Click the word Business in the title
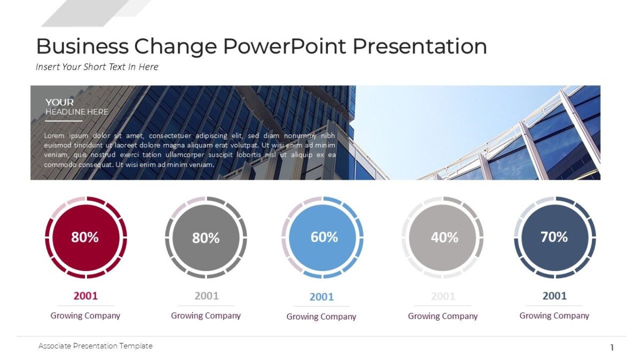pyautogui.click(x=82, y=46)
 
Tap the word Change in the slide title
pyautogui.click(x=175, y=46)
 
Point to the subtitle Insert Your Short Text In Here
pyautogui.click(x=97, y=67)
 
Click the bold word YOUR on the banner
pyautogui.click(x=60, y=102)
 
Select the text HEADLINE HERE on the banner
pyautogui.click(x=77, y=112)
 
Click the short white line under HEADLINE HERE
pyautogui.click(x=63, y=121)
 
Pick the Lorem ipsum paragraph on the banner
pyautogui.click(x=190, y=150)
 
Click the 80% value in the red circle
pyautogui.click(x=85, y=237)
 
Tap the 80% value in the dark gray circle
pyautogui.click(x=206, y=238)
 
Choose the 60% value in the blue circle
pyautogui.click(x=324, y=237)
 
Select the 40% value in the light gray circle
pyautogui.click(x=444, y=237)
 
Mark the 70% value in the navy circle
pyautogui.click(x=554, y=237)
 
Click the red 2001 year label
pyautogui.click(x=85, y=296)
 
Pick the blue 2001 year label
pyautogui.click(x=322, y=297)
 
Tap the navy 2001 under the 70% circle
pyautogui.click(x=555, y=296)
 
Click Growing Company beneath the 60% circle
pyautogui.click(x=321, y=317)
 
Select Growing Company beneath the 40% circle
pyautogui.click(x=443, y=316)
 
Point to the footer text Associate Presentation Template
pyautogui.click(x=95, y=346)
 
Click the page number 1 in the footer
pyautogui.click(x=612, y=348)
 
